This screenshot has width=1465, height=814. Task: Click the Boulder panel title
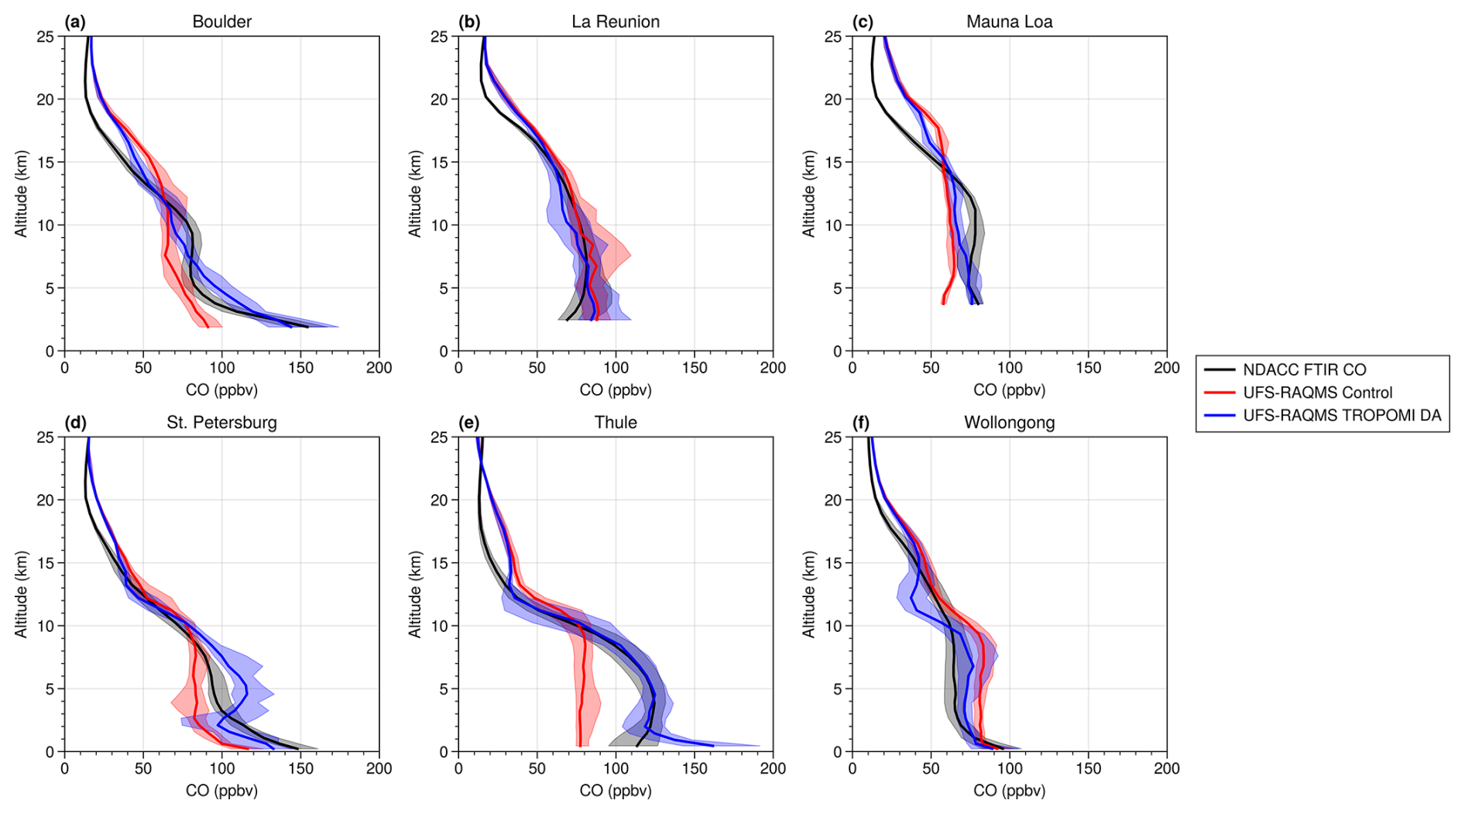tap(221, 22)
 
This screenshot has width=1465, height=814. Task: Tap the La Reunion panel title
tap(616, 22)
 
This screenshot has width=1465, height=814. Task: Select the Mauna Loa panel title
tap(1009, 22)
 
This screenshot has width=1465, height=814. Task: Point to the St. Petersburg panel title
tap(221, 423)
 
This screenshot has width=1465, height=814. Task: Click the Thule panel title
tap(616, 423)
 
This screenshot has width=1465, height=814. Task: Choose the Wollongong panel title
tap(1009, 423)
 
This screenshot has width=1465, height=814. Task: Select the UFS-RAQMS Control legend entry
tap(1317, 393)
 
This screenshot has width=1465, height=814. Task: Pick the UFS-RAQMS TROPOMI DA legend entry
tap(1342, 415)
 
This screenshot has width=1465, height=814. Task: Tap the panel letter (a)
tap(75, 22)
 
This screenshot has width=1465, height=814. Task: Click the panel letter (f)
tap(862, 423)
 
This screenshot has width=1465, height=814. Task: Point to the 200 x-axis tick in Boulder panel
tap(379, 368)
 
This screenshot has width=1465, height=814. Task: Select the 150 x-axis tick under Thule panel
tap(694, 769)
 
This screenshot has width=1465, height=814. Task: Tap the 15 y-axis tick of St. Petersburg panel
tap(47, 563)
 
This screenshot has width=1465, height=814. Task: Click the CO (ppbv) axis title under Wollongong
tap(1009, 791)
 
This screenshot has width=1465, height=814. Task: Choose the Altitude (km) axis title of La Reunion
tap(416, 194)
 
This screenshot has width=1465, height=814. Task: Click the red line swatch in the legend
tap(1220, 393)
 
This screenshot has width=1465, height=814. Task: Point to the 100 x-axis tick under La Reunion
tap(616, 368)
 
